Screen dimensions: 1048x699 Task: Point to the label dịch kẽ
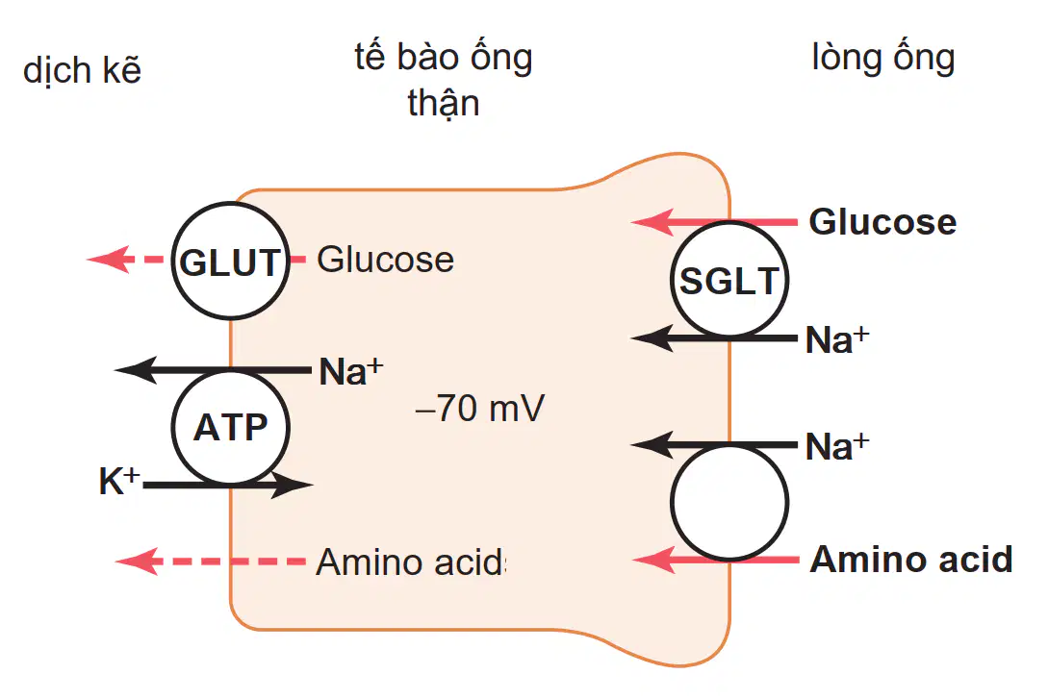coord(82,71)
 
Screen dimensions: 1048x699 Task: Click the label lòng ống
coord(882,58)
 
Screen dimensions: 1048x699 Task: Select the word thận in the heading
coord(444,104)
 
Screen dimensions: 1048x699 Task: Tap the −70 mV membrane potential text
coord(480,409)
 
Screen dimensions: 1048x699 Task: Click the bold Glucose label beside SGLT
coord(882,222)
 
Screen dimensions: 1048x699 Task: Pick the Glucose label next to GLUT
coord(386,259)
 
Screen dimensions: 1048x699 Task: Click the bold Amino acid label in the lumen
coord(911,560)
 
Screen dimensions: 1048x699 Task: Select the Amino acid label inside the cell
coord(410,562)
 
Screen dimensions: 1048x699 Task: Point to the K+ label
coord(119,480)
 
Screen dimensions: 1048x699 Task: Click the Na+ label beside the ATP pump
coord(351,371)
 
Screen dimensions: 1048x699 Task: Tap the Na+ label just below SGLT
coord(837,339)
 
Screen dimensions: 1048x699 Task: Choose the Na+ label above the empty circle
coord(837,446)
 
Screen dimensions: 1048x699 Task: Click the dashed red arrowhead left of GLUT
coord(109,259)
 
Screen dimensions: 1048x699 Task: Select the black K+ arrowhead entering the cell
coord(292,485)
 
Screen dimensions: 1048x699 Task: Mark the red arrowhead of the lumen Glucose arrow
coord(652,222)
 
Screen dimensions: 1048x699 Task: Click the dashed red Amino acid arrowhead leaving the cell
coord(138,562)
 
